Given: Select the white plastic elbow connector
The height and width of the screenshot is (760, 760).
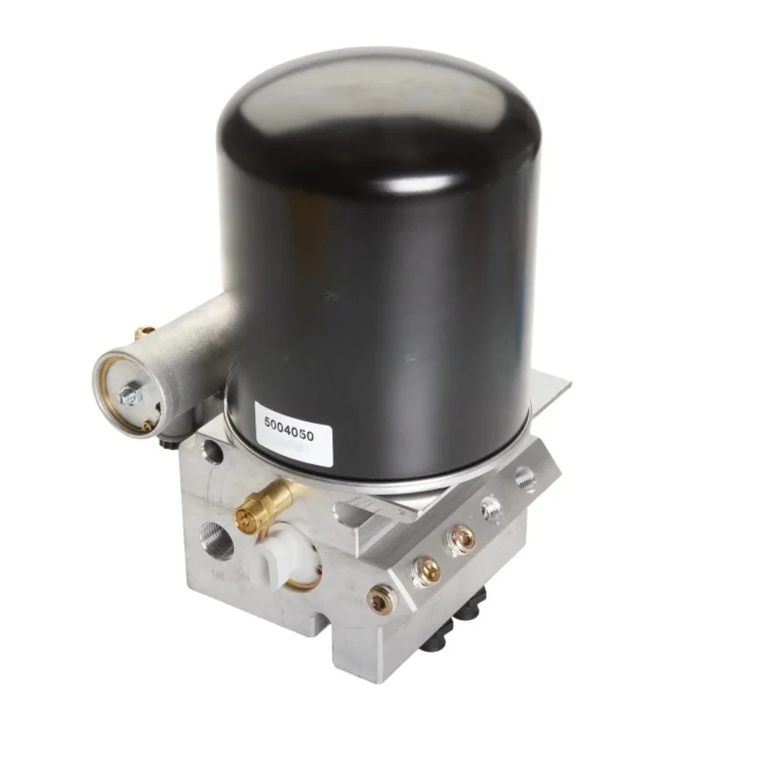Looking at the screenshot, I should [272, 561].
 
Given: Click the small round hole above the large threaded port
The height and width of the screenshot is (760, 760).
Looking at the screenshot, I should [214, 454].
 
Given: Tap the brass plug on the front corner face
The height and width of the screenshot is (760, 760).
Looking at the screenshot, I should [381, 601].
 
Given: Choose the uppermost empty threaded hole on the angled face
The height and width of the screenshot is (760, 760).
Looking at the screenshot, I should [525, 480].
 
